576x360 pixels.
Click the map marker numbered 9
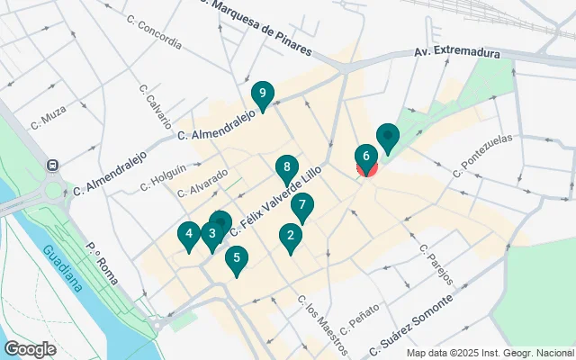click(262, 94)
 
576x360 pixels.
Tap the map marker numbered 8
click(286, 167)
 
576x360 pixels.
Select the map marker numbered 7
click(302, 205)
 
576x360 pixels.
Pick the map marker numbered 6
click(365, 157)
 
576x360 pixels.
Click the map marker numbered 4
click(188, 236)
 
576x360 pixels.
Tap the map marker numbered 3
click(211, 236)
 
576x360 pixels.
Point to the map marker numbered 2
click(290, 237)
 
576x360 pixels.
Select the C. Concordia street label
click(154, 31)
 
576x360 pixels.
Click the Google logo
click(30, 348)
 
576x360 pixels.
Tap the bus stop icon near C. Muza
click(54, 166)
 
